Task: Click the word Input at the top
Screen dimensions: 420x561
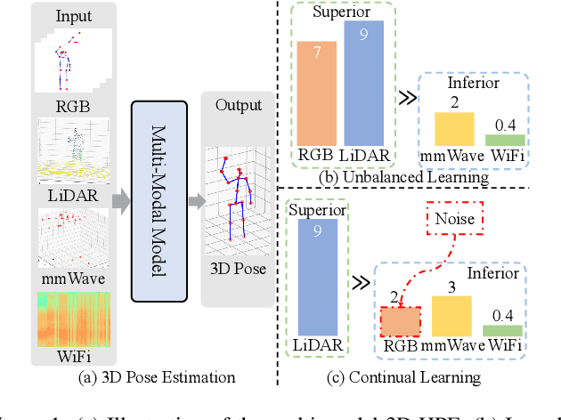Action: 73,16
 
